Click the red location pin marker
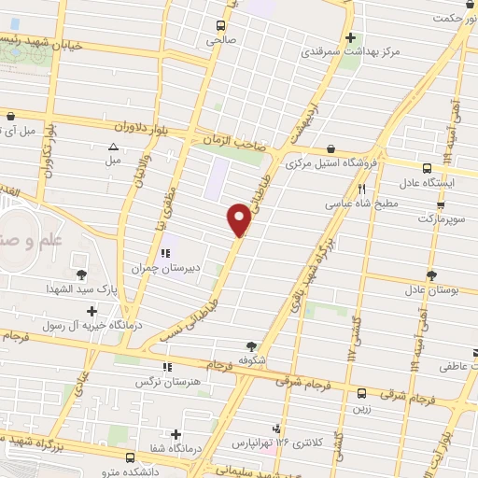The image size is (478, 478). [x=239, y=219]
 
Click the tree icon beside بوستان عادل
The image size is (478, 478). [x=430, y=274]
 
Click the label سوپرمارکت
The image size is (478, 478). [x=440, y=217]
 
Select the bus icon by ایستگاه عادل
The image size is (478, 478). [x=427, y=169]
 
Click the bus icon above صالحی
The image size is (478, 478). [x=221, y=25]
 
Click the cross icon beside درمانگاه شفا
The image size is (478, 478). [x=176, y=434]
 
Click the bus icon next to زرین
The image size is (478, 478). [x=361, y=392]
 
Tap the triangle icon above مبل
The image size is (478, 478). [x=113, y=147]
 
